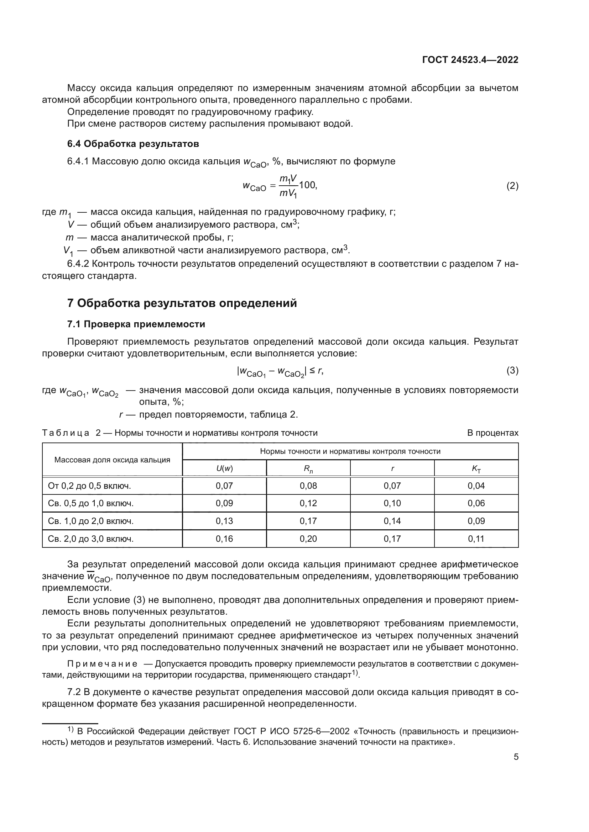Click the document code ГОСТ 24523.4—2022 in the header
[x=470, y=60]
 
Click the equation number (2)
[x=512, y=186]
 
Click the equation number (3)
[x=512, y=370]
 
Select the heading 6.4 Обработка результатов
[x=133, y=144]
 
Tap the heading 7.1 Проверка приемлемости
[x=136, y=324]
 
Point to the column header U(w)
[x=224, y=468]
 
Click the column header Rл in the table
[x=308, y=468]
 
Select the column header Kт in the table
[x=476, y=468]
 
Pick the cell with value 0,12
[x=308, y=503]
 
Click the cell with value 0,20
[x=308, y=539]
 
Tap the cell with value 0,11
[x=476, y=539]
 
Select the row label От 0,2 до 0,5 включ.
[x=89, y=486]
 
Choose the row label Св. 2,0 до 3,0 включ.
[x=91, y=539]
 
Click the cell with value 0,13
[x=224, y=521]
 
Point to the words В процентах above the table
[x=492, y=433]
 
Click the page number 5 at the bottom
[x=516, y=757]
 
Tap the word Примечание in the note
[x=102, y=663]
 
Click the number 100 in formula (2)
[x=307, y=185]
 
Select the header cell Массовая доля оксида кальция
[x=112, y=460]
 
